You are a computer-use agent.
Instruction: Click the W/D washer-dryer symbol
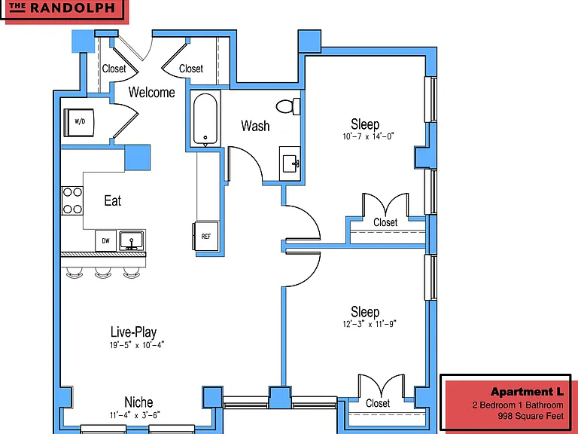79,122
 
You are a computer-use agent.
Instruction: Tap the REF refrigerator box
205,236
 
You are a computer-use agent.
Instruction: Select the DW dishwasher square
106,240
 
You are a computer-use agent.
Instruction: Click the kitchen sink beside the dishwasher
132,240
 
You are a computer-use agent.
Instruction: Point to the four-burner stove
72,200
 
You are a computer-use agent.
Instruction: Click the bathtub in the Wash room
205,119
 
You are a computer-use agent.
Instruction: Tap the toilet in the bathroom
288,107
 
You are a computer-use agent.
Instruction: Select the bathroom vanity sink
290,164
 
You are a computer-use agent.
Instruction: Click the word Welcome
151,92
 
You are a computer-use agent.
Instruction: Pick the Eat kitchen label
112,200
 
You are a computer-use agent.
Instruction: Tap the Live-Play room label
133,332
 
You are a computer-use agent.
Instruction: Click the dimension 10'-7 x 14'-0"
368,136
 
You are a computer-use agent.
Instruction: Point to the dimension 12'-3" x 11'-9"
370,324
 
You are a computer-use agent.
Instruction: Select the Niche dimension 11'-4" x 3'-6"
135,416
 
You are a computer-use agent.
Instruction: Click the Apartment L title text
527,392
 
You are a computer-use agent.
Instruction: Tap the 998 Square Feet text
531,416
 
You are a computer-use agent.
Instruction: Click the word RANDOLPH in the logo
72,8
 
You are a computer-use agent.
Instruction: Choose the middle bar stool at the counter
103,273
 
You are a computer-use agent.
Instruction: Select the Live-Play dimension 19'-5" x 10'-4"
137,345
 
